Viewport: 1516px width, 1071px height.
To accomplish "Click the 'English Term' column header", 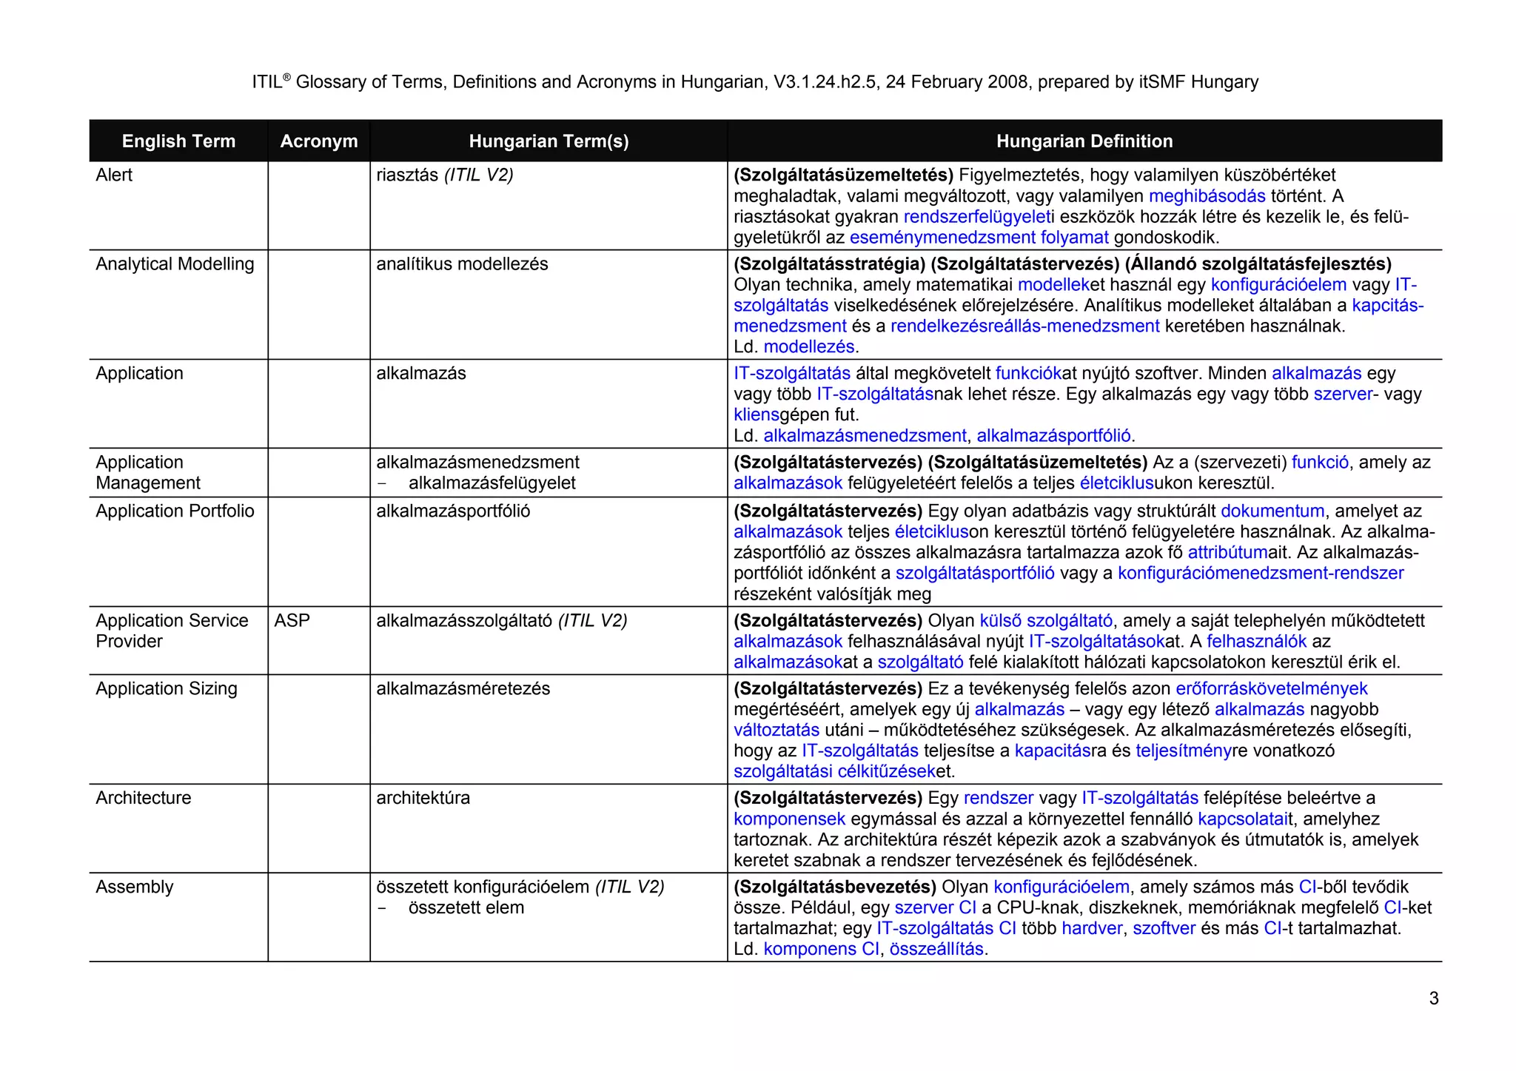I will pos(178,141).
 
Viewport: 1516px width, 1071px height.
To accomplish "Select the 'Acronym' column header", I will pos(318,141).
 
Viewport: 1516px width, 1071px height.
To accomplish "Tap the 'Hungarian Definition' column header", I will pos(1084,141).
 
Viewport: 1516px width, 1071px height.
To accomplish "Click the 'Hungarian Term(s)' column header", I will pos(549,141).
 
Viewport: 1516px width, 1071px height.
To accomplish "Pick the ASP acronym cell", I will pos(292,620).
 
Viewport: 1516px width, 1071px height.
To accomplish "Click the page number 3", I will pos(1433,998).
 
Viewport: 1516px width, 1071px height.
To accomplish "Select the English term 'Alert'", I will pos(114,175).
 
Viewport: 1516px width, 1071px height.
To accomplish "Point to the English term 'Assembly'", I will pos(134,887).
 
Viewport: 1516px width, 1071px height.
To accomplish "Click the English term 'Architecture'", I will pos(143,798).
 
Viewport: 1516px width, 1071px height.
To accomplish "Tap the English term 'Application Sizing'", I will pos(166,688).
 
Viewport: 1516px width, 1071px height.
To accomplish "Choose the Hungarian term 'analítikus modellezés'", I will pos(462,264).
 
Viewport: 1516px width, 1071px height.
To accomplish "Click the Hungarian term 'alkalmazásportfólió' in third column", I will pos(453,511).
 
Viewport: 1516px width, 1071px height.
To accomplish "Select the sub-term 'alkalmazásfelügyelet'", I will pos(492,483).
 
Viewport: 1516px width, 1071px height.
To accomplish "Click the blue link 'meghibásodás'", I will pos(1207,196).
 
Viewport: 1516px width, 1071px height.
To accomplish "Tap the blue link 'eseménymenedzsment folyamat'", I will pos(979,238).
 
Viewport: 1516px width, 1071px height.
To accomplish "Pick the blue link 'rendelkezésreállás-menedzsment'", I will pos(1024,326).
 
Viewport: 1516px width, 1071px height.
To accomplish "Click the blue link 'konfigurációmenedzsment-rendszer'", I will pos(1260,573).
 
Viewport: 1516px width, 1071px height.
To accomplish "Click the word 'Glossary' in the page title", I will pos(330,82).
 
